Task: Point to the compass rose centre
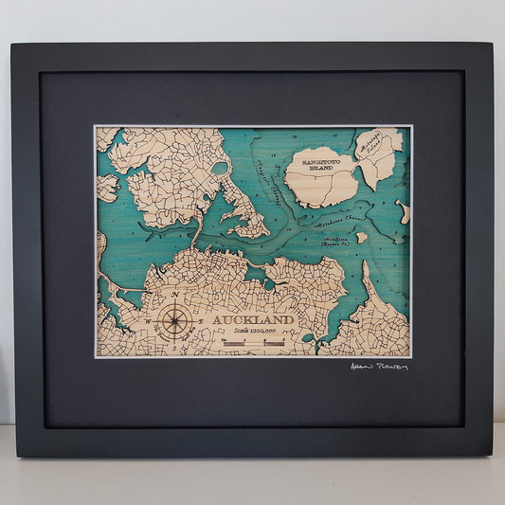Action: pyautogui.click(x=173, y=318)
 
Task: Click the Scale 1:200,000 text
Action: pyautogui.click(x=253, y=332)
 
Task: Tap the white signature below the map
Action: pyautogui.click(x=378, y=366)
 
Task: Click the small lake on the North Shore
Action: pyautogui.click(x=220, y=169)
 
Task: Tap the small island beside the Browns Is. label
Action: pyautogui.click(x=361, y=238)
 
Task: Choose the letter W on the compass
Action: pyautogui.click(x=150, y=319)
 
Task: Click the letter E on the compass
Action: pyautogui.click(x=198, y=319)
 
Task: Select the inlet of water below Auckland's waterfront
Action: pyautogui.click(x=256, y=274)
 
